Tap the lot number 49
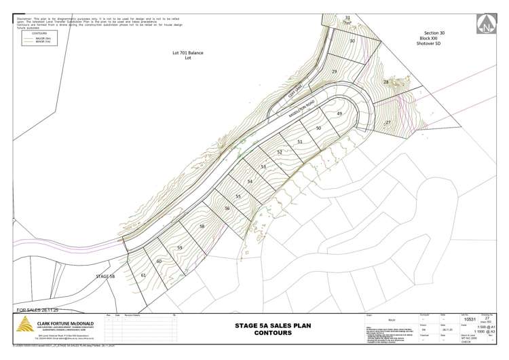tap(339, 113)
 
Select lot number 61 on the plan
tap(143, 275)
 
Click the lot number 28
tap(386, 82)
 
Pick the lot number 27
tap(388, 122)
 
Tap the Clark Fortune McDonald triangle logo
tap(24, 325)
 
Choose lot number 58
tap(202, 226)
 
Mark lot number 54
tap(250, 181)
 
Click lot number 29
tap(334, 71)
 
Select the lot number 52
tap(280, 152)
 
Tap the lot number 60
tap(159, 261)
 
